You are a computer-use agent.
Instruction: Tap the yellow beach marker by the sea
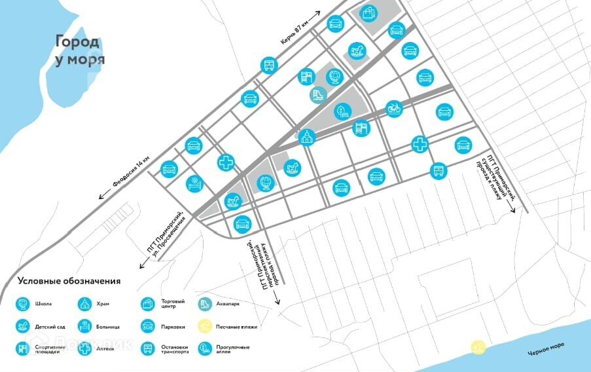pyautogui.click(x=479, y=346)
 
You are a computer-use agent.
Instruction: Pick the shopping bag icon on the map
pyautogui.click(x=369, y=12)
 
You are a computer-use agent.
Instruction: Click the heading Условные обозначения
pyautogui.click(x=69, y=281)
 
